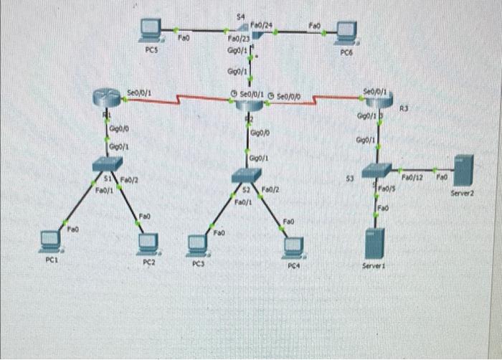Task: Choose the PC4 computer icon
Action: (292, 246)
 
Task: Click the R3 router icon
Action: (378, 102)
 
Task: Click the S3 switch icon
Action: (376, 169)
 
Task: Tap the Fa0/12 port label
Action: (412, 175)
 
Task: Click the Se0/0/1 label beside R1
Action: (139, 92)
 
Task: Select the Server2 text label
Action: (463, 193)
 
